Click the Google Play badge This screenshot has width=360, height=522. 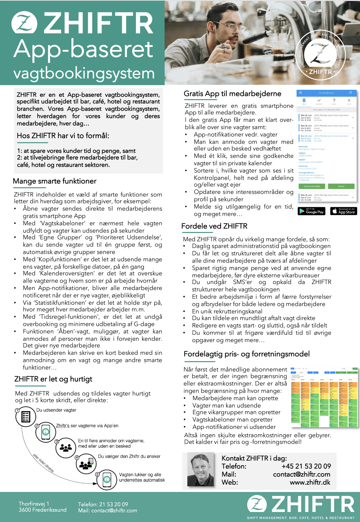tap(311, 211)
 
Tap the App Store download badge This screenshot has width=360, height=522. tap(344, 211)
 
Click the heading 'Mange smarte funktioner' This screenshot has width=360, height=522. tap(55, 181)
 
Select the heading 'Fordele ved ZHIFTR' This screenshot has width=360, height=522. tap(214, 226)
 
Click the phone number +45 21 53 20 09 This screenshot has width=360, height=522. tap(306, 466)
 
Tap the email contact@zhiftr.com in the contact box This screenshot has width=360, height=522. tap(302, 474)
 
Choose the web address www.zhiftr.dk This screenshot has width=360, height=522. tap(310, 482)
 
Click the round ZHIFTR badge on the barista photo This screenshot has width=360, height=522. tap(321, 54)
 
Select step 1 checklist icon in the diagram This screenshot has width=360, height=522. tap(26, 417)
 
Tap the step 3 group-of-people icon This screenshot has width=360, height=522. tap(66, 447)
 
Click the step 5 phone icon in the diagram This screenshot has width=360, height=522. tap(107, 479)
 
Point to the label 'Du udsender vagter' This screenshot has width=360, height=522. tap(56, 410)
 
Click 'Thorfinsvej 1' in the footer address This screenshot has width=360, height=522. tap(34, 504)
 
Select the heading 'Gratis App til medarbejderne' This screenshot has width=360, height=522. tap(232, 94)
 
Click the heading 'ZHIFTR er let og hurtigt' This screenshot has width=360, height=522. tap(53, 379)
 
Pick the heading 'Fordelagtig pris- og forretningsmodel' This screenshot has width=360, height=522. tap(246, 354)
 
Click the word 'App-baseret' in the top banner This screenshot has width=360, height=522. tap(83, 49)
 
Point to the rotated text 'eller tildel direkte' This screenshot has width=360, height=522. tap(43, 463)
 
